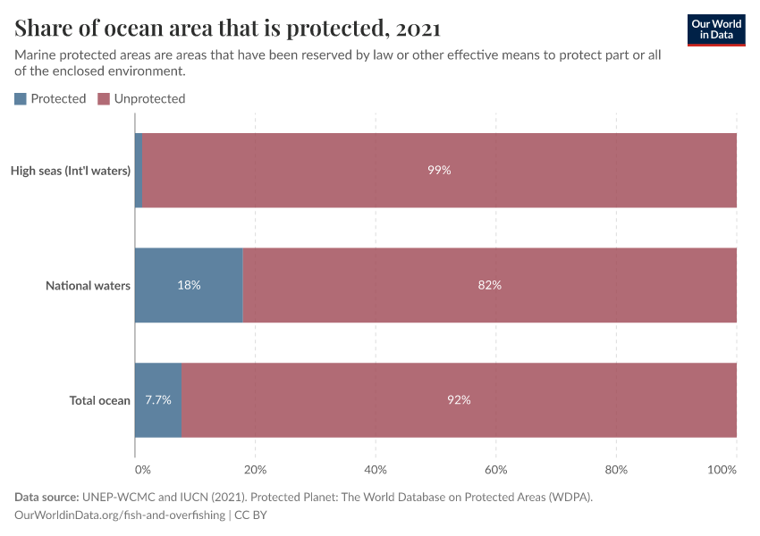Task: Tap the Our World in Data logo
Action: coord(715,29)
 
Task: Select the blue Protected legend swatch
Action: coord(21,99)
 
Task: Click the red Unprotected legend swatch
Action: coord(104,99)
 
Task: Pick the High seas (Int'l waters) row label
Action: coord(71,171)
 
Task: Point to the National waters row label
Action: coord(89,286)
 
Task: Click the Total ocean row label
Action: coord(100,400)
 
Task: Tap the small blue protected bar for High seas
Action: coord(139,171)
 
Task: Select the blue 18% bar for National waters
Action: coord(189,286)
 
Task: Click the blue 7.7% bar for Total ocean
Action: coord(158,400)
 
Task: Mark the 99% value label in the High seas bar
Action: coord(439,171)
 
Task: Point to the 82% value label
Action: coord(489,286)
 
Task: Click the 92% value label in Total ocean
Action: coord(459,400)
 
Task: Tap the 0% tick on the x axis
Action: coord(142,469)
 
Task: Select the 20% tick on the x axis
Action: coord(256,469)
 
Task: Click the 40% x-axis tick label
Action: coord(376,469)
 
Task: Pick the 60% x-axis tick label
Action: coord(496,469)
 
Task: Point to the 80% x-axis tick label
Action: coord(616,469)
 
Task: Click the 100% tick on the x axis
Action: coord(722,469)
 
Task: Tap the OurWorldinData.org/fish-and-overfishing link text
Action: coord(121,515)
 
